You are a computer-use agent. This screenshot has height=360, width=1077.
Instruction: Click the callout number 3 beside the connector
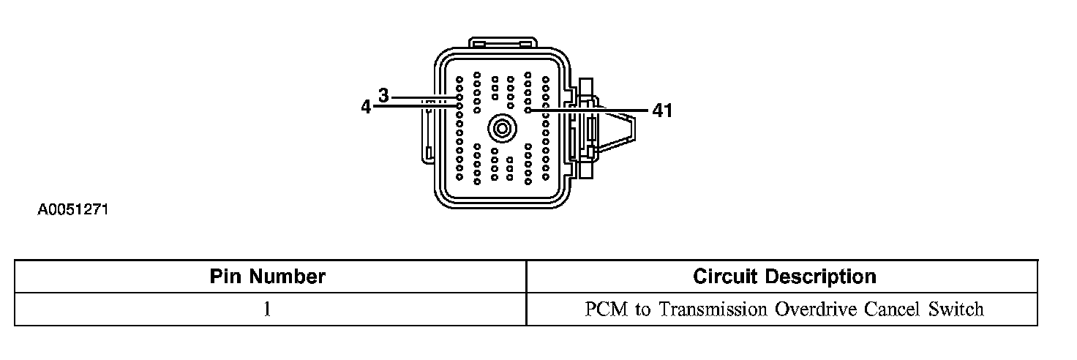383,95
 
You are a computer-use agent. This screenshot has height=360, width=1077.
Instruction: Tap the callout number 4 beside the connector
366,107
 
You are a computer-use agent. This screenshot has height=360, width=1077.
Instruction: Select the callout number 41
661,110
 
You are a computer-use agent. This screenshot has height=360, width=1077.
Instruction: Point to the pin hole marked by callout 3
459,97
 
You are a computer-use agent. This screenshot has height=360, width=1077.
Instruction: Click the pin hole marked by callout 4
459,106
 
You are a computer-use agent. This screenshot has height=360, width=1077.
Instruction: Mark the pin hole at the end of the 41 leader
528,110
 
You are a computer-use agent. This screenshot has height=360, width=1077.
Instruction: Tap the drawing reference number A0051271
73,211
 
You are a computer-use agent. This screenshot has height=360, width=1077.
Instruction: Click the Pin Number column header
268,277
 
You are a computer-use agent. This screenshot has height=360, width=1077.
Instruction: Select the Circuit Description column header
784,277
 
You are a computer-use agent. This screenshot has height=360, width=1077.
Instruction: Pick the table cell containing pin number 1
268,309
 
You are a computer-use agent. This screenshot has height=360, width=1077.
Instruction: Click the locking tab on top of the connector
502,42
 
